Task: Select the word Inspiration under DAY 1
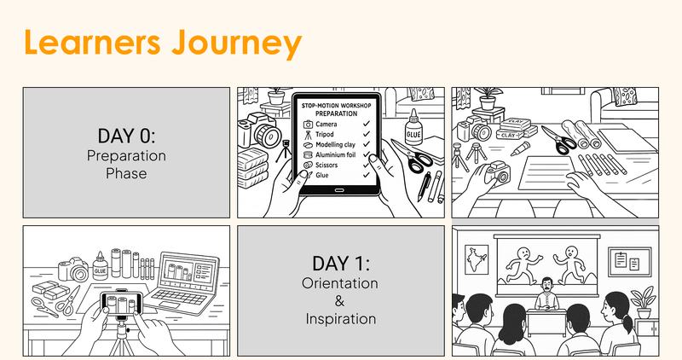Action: tap(341, 318)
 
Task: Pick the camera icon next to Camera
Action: tap(308, 125)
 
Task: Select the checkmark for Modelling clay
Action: tap(366, 145)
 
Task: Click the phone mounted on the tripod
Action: tap(121, 302)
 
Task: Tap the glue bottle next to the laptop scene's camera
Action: tap(100, 267)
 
